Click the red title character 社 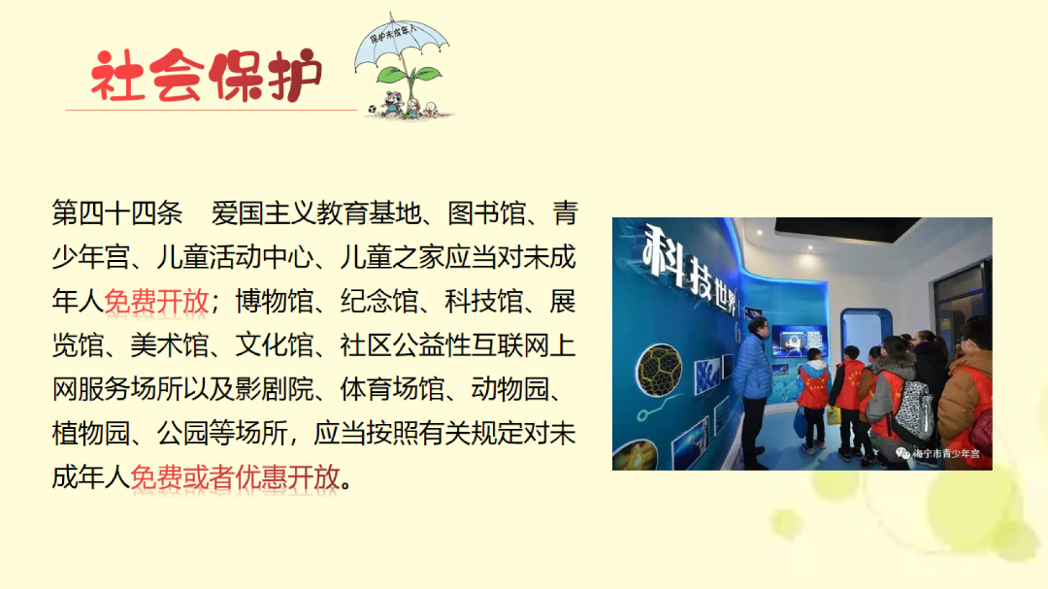coord(117,76)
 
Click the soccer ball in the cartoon coord(373,109)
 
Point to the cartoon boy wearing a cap coord(392,104)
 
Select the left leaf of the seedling coord(390,74)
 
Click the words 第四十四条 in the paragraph coord(117,213)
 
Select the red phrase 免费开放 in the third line coord(156,302)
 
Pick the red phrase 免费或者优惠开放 coord(235,477)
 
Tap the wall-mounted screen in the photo coord(799,340)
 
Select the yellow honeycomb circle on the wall coord(659,369)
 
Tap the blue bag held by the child coord(800,423)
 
